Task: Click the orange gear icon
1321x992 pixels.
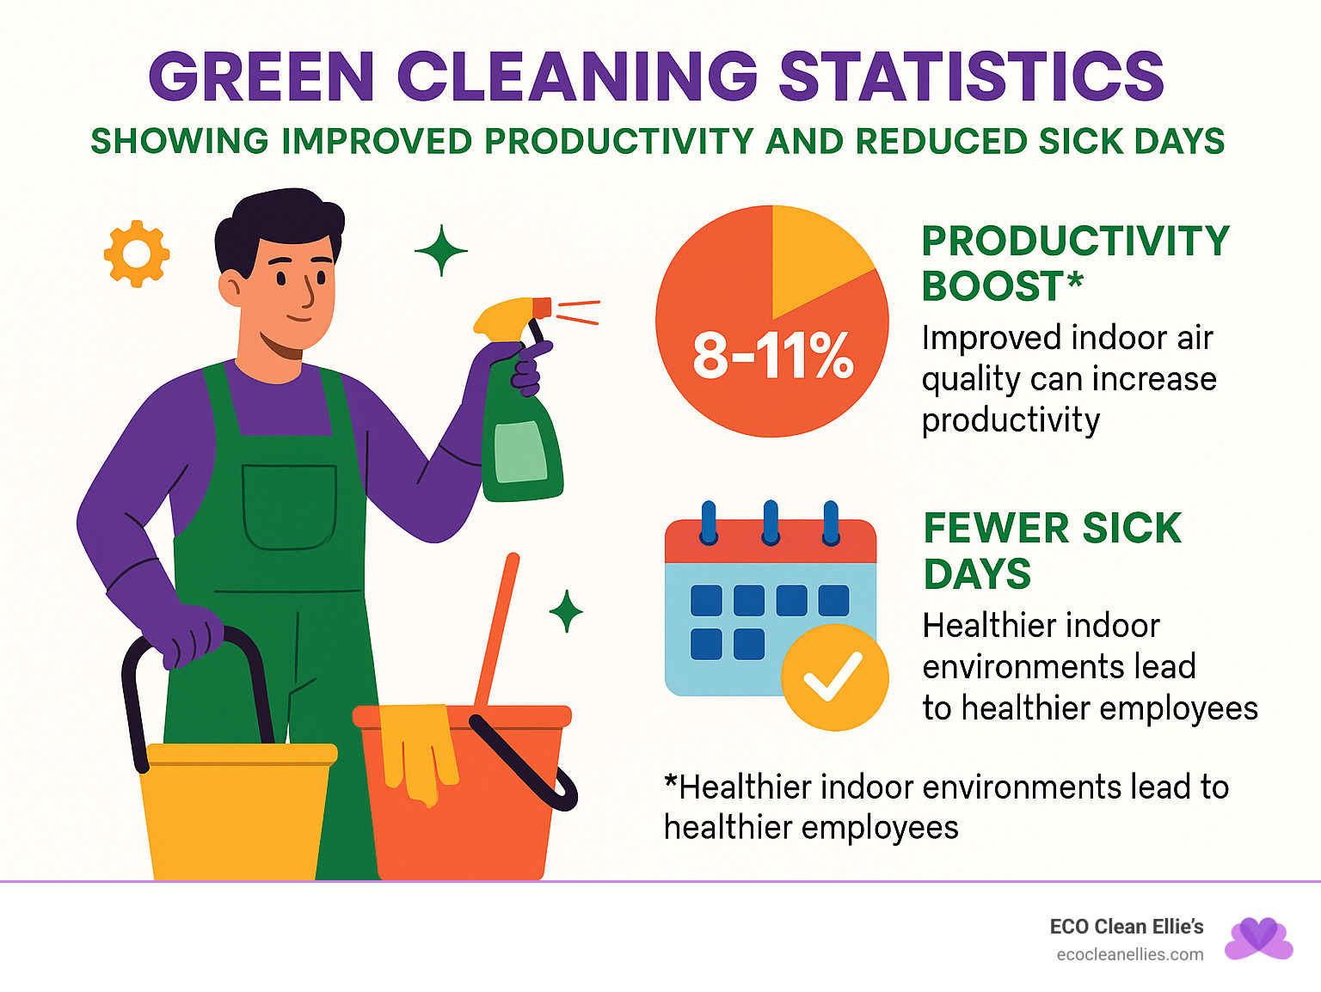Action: [x=136, y=254]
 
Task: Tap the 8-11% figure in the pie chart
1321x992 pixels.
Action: [x=772, y=355]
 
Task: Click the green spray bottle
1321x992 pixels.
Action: [x=519, y=447]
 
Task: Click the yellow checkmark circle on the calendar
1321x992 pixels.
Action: [x=833, y=677]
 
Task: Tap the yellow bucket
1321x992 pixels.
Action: [x=237, y=812]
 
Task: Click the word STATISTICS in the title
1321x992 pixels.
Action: [x=971, y=77]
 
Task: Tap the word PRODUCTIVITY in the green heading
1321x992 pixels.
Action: [x=1075, y=242]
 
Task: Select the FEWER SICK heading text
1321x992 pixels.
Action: [x=1052, y=528]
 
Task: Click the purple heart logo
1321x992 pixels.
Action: [x=1259, y=938]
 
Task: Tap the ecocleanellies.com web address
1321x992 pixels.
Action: [x=1129, y=954]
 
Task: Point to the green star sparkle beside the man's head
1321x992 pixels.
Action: [x=441, y=251]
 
